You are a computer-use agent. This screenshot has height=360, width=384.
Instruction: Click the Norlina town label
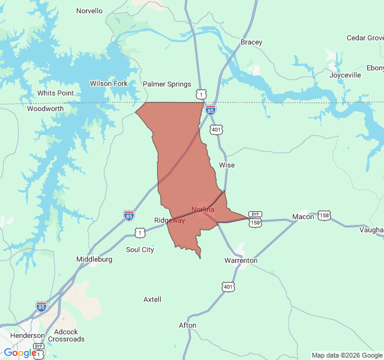(203, 209)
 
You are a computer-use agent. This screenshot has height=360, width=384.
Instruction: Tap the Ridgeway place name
(170, 220)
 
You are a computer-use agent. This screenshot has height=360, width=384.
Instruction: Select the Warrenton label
(241, 260)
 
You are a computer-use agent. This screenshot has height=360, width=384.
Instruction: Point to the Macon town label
(303, 217)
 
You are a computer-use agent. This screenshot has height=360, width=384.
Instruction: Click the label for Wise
(227, 164)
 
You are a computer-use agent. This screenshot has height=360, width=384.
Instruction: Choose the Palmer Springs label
(167, 84)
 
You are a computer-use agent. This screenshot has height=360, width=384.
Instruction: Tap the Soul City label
(140, 250)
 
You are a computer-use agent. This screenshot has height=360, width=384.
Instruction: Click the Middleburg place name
(94, 259)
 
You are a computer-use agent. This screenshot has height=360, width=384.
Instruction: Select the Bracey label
(251, 42)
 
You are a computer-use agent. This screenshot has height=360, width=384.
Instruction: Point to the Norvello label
(89, 11)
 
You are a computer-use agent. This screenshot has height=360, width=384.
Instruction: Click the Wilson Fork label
(109, 83)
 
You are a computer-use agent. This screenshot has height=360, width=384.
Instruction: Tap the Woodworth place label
(45, 109)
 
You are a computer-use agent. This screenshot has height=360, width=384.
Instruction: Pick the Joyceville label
(345, 76)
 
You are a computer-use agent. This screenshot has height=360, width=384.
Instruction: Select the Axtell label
(152, 299)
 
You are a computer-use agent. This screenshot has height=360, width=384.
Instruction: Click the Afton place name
(187, 325)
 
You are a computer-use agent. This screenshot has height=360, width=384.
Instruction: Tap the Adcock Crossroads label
(66, 335)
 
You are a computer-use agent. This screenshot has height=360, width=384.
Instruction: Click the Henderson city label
(27, 335)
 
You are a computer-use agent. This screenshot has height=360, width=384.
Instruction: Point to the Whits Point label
(55, 93)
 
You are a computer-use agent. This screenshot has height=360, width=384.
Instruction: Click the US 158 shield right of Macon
(324, 215)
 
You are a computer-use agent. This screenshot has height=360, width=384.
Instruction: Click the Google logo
(20, 353)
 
